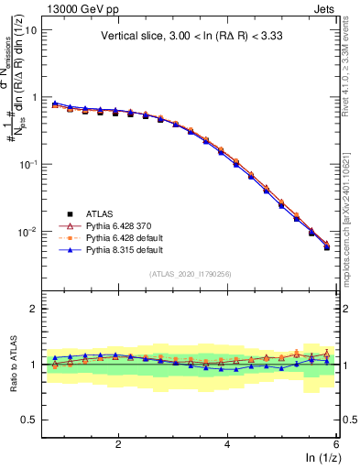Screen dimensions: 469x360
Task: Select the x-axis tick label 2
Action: point(118,442)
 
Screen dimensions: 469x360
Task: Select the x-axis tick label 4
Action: point(226,442)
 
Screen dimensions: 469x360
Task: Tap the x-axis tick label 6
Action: point(335,442)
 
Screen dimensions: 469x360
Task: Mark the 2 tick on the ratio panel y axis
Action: point(35,309)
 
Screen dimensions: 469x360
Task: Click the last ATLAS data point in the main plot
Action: point(327,247)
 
